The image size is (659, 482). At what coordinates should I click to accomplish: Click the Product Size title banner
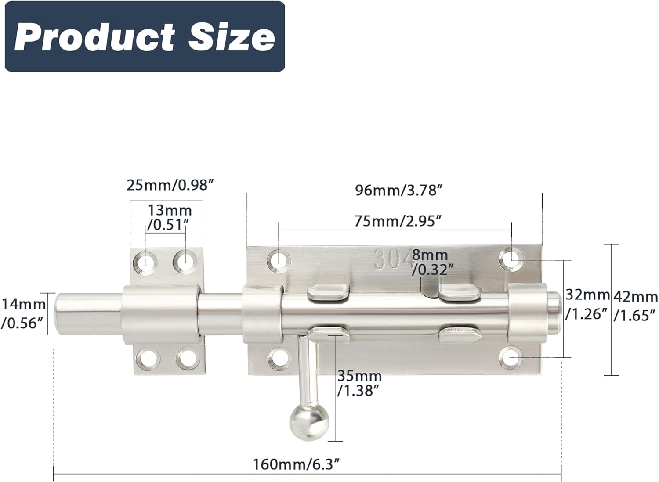(x=145, y=36)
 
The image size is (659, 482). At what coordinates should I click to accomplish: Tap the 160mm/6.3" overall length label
(x=297, y=464)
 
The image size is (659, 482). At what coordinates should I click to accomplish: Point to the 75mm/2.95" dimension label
(x=397, y=221)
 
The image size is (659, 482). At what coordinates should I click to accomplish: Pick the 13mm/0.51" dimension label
(x=169, y=217)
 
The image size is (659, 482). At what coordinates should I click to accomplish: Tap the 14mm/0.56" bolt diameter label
(x=23, y=313)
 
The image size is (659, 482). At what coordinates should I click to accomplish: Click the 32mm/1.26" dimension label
(x=587, y=304)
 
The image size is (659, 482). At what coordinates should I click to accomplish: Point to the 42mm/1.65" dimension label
(x=635, y=306)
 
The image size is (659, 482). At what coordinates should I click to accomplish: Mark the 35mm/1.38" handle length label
(x=359, y=383)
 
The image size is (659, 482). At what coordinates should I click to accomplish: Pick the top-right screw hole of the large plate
(x=512, y=258)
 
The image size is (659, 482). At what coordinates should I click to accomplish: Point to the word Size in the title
(x=232, y=37)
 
